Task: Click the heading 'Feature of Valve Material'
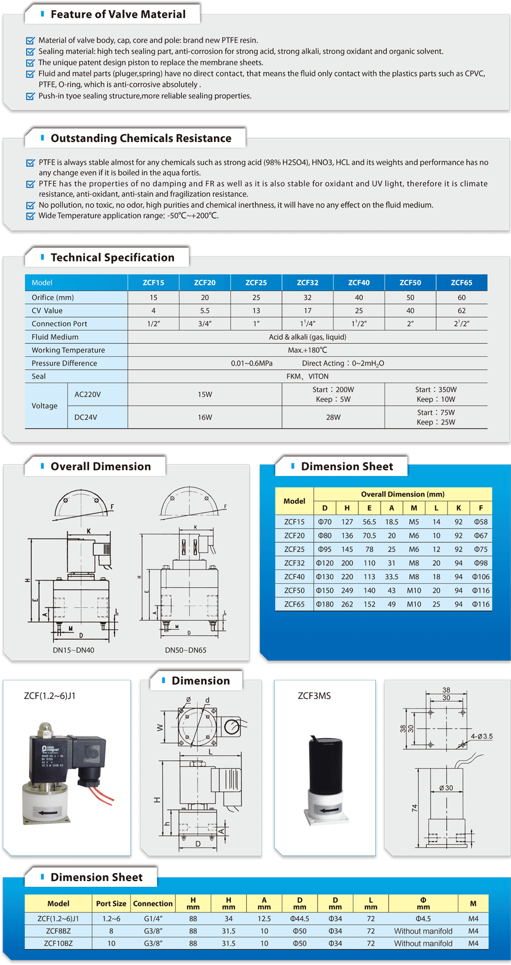[x=118, y=14]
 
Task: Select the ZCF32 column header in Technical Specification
[x=307, y=283]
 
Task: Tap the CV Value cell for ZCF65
[x=461, y=311]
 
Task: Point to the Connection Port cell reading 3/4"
[x=205, y=324]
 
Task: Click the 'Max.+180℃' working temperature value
[x=307, y=350]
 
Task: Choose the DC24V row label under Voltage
[x=86, y=418]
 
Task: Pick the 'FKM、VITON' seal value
[x=307, y=376]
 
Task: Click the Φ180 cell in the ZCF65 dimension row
[x=324, y=604]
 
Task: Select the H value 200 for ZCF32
[x=347, y=563]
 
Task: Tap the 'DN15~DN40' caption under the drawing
[x=74, y=650]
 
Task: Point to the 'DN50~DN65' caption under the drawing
[x=185, y=650]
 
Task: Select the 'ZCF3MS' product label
[x=314, y=696]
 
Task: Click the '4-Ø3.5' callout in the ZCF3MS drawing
[x=482, y=736]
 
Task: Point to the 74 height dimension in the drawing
[x=415, y=808]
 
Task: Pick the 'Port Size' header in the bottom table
[x=111, y=904]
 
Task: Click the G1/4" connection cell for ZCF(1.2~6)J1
[x=153, y=918]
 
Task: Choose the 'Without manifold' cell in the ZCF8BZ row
[x=423, y=931]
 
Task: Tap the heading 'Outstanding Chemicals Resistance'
[x=141, y=138]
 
